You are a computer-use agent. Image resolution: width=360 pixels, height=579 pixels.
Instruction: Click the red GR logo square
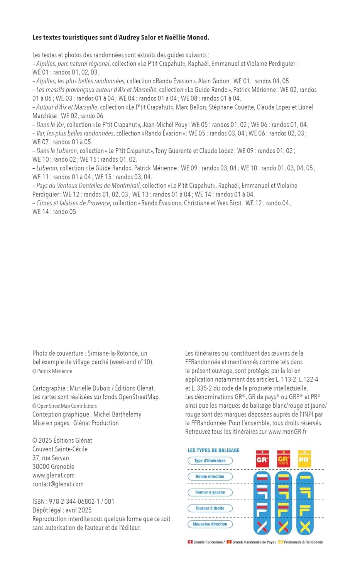coord(262,459)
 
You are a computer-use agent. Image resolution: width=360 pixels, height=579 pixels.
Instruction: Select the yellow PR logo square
coord(304,459)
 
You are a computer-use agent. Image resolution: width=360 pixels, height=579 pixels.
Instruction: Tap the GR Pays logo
coord(283,459)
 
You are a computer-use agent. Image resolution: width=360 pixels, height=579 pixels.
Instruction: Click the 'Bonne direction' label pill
coord(210,476)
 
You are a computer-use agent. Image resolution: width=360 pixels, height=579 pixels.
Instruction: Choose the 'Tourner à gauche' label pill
coord(210,492)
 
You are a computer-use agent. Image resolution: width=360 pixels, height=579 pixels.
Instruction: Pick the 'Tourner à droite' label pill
coord(210,508)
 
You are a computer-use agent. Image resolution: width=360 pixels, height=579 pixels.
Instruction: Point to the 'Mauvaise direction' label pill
coord(210,524)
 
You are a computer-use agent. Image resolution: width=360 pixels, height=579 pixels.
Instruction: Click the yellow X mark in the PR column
coord(305,527)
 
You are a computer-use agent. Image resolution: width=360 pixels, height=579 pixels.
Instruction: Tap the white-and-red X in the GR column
coord(262,527)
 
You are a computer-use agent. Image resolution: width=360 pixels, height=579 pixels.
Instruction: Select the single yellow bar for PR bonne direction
coord(305,477)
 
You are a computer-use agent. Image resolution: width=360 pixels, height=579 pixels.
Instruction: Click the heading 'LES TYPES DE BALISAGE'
coord(213,450)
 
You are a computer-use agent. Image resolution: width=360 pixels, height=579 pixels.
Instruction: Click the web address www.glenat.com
coord(54,475)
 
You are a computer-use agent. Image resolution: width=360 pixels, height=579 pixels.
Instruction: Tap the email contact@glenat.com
coord(58,484)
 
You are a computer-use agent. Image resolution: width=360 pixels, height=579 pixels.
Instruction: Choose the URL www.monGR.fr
coord(287,432)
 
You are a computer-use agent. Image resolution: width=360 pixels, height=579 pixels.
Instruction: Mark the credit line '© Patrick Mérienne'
coord(52,371)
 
